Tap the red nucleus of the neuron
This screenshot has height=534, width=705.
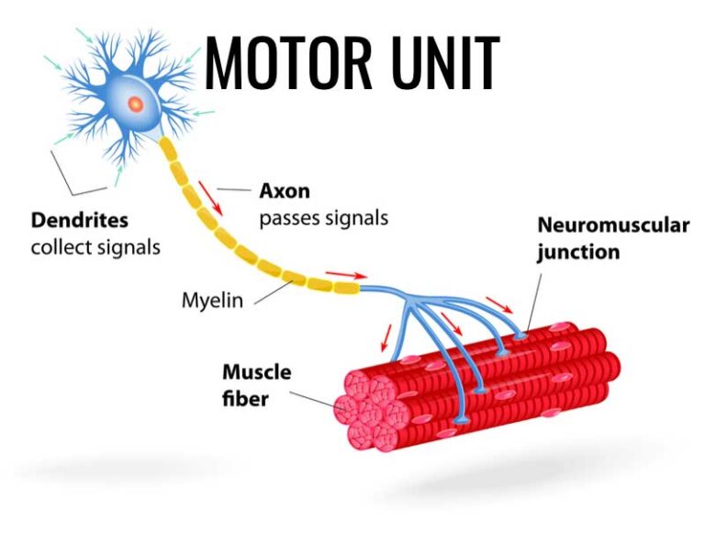(x=135, y=102)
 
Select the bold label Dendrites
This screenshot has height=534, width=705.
(x=80, y=221)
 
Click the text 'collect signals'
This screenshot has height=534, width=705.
(x=95, y=247)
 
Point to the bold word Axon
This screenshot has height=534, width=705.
(x=285, y=192)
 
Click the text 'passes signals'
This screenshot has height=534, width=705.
(x=323, y=219)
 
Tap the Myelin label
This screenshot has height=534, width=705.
(x=212, y=300)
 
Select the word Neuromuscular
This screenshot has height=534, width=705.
(x=612, y=225)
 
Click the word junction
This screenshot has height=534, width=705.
(x=577, y=252)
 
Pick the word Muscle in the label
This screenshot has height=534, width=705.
(x=256, y=372)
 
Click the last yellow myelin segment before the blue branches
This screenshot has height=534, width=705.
(x=347, y=289)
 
